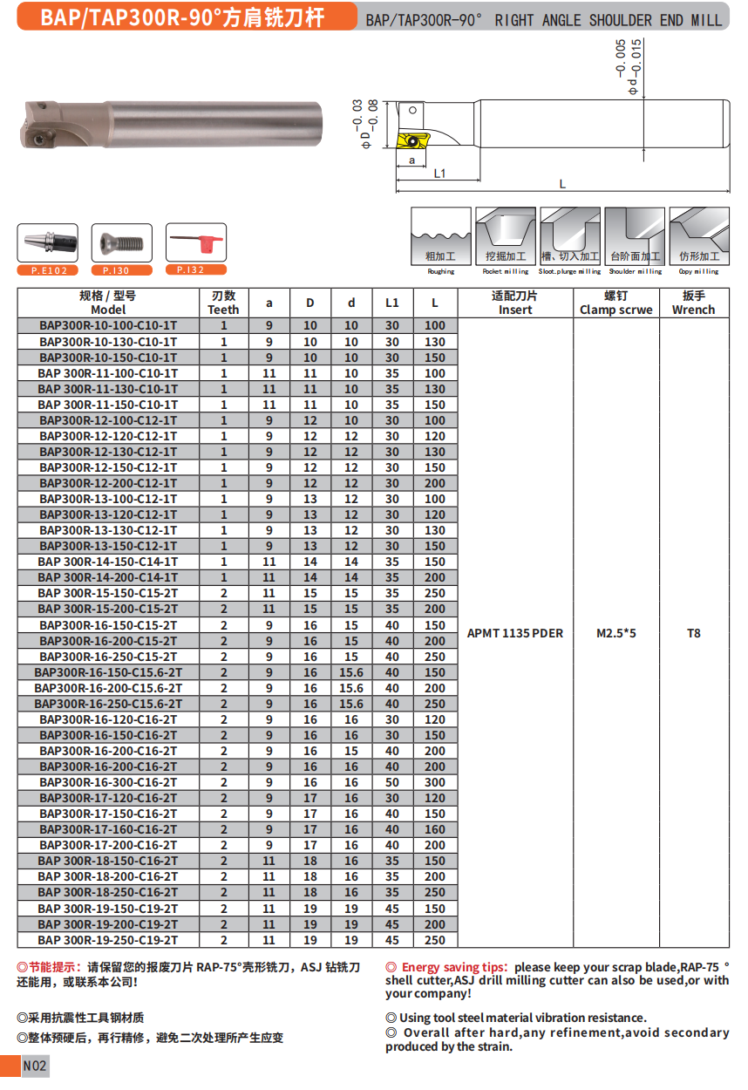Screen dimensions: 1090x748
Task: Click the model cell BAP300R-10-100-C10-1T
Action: pos(108,325)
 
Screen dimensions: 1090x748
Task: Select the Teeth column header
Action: pos(223,303)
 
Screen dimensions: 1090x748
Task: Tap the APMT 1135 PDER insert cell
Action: pos(515,633)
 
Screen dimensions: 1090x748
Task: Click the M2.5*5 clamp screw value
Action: pos(616,633)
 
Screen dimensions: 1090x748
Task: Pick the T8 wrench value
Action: pos(694,633)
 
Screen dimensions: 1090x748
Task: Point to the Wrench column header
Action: pos(694,303)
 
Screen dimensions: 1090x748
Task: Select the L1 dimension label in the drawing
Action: pos(440,174)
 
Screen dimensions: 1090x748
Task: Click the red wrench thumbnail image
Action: pos(196,242)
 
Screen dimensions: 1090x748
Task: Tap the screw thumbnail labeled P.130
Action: pos(122,242)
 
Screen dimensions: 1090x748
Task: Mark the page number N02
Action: pos(36,1066)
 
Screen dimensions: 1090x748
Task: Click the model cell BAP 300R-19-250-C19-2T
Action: pos(108,940)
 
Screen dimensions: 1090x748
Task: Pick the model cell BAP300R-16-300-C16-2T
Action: pos(108,782)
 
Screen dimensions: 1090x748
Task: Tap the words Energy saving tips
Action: pos(454,967)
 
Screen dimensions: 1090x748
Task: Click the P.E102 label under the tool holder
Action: pos(49,270)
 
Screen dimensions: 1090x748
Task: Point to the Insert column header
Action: pos(515,303)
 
